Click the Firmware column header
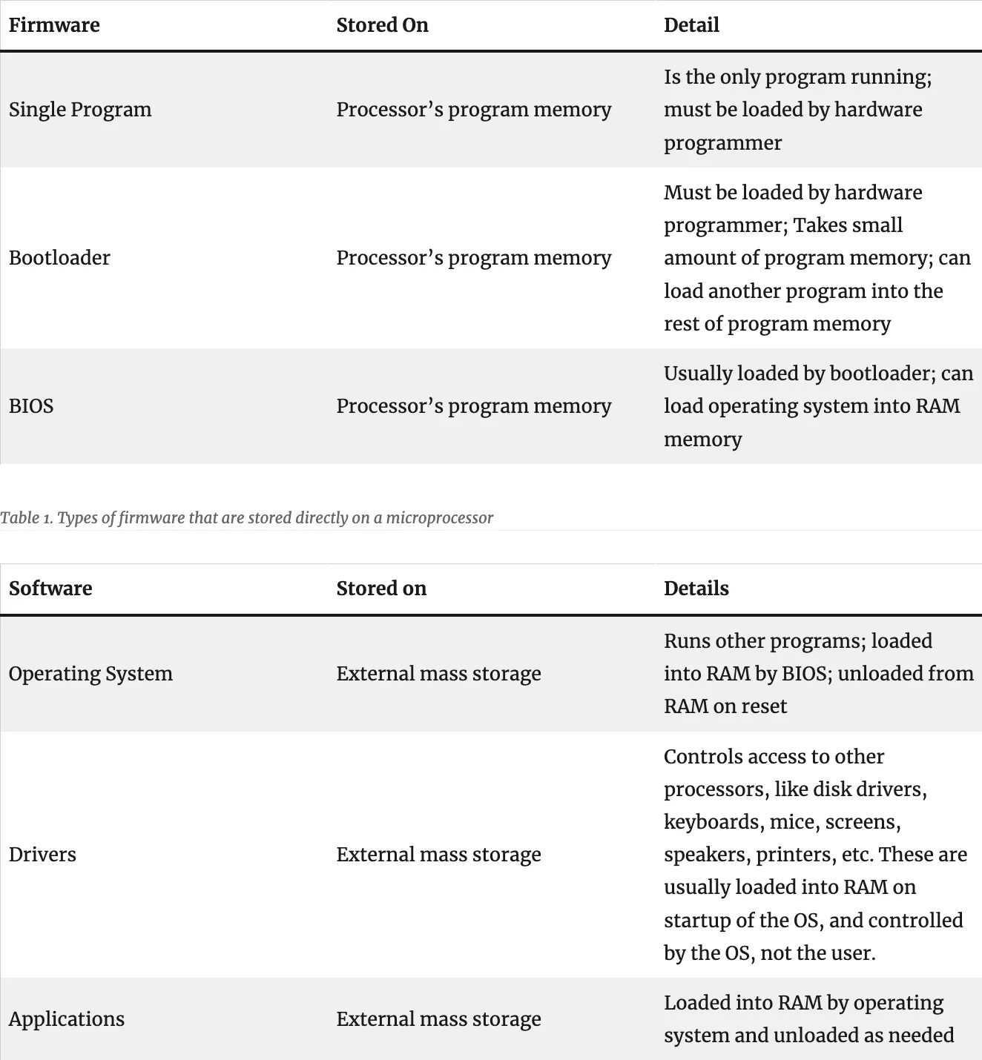pyautogui.click(x=54, y=25)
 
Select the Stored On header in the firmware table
pyautogui.click(x=382, y=25)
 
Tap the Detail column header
pyautogui.click(x=691, y=25)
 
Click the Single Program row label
pyautogui.click(x=80, y=110)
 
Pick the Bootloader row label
pyautogui.click(x=59, y=258)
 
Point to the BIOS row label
pyautogui.click(x=31, y=406)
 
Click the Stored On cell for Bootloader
pyautogui.click(x=473, y=258)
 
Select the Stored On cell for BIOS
pyautogui.click(x=473, y=406)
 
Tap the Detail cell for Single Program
pyautogui.click(x=797, y=110)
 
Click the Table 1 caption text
pyautogui.click(x=246, y=517)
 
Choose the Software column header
pyautogui.click(x=50, y=589)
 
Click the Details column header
pyautogui.click(x=696, y=589)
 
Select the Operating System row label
pyautogui.click(x=90, y=674)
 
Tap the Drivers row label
pyautogui.click(x=42, y=855)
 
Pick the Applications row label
pyautogui.click(x=67, y=1019)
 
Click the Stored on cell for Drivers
pyautogui.click(x=438, y=855)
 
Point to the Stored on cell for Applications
pyautogui.click(x=438, y=1019)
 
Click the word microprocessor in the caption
pyautogui.click(x=439, y=517)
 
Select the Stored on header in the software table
pyautogui.click(x=381, y=589)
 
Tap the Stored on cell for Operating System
pyautogui.click(x=438, y=674)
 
